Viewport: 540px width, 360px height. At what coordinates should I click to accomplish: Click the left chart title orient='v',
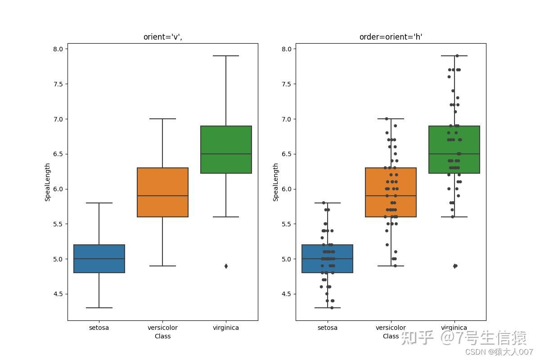pos(162,37)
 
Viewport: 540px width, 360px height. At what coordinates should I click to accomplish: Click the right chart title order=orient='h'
pos(391,37)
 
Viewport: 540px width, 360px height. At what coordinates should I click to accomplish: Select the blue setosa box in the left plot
pos(99,259)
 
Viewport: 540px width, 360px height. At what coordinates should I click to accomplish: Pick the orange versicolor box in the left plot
pos(162,192)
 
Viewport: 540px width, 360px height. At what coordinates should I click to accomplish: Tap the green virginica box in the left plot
pos(226,149)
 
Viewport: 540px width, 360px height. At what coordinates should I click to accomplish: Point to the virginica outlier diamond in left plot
pos(226,266)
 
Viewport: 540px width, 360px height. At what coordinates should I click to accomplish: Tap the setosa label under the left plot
pos(99,328)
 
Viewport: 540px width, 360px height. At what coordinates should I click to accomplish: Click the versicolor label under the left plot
pos(162,328)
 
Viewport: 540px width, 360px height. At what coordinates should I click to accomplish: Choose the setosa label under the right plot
pos(327,328)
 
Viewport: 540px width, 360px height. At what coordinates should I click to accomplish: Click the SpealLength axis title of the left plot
pos(48,182)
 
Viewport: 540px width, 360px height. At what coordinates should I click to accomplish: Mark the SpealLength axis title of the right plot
pos(276,182)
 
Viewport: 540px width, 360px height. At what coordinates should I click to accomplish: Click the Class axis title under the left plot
pos(162,336)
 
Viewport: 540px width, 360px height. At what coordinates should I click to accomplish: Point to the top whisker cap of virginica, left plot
pos(226,56)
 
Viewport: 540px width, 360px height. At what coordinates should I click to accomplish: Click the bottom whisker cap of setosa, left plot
pos(99,308)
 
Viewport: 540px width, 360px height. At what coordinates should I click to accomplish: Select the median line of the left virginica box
pos(226,154)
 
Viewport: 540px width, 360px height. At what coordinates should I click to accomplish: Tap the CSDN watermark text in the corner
pos(499,351)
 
